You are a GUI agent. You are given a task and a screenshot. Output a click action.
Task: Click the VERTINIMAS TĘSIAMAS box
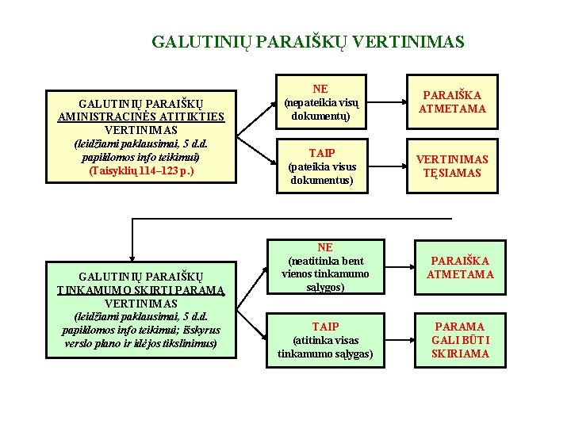tap(452, 166)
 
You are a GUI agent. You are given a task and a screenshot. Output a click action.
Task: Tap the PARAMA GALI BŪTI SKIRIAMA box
tap(460, 339)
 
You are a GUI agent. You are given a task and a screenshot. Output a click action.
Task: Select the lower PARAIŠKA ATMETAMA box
tap(460, 268)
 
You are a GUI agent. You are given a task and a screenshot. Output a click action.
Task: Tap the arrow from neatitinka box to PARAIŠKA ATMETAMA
tap(393, 268)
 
